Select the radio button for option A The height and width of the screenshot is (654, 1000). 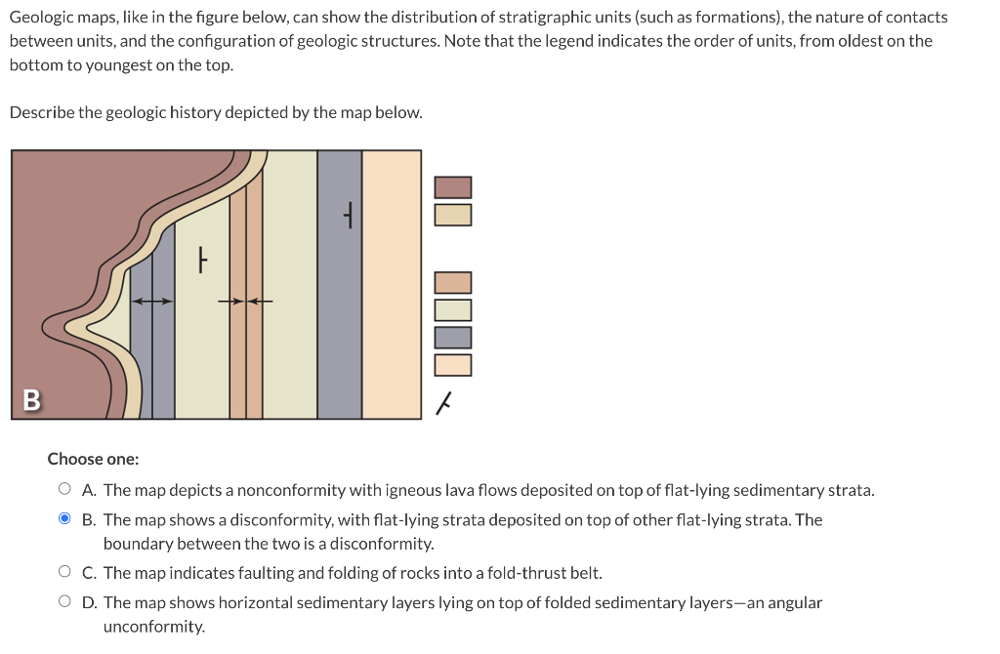[64, 490]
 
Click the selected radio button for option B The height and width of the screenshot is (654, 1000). [64, 519]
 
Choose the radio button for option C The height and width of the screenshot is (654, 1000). [64, 573]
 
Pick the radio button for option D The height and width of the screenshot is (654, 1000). [64, 602]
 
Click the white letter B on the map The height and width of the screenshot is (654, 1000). [31, 400]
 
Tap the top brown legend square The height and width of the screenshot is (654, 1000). [453, 186]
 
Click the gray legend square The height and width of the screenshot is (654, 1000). [453, 338]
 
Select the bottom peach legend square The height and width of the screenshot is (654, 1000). [453, 365]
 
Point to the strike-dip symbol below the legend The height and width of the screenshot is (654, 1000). [444, 401]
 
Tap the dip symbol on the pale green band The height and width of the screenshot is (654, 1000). [201, 260]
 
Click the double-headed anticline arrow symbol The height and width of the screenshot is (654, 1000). [151, 302]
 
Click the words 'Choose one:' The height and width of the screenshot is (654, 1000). [93, 459]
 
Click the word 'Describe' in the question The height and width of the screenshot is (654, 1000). [41, 112]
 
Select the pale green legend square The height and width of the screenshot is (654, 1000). [453, 310]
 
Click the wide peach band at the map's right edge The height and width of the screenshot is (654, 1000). [392, 283]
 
